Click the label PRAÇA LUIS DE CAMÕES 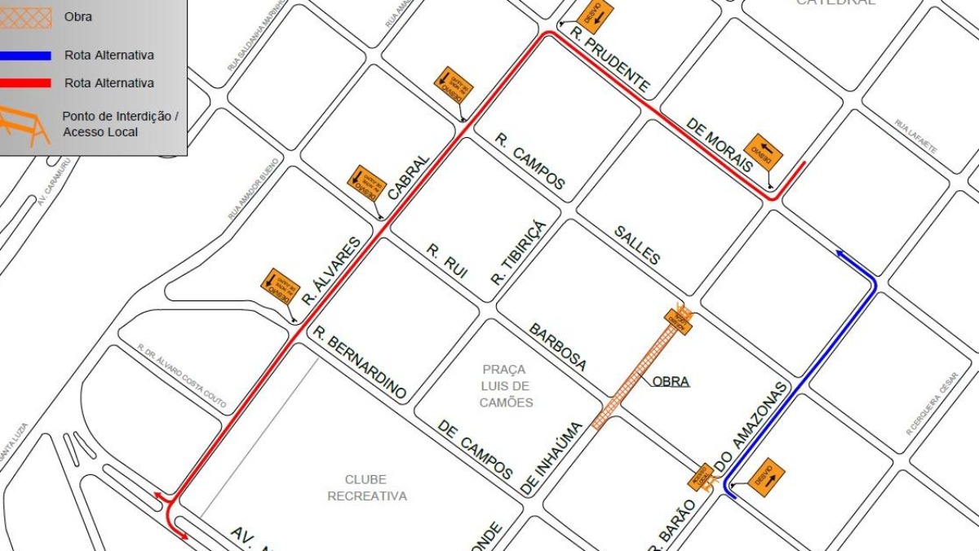[506, 386]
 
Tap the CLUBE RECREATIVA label [367, 488]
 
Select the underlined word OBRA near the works [671, 381]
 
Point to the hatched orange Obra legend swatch [25, 17]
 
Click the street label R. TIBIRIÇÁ [517, 252]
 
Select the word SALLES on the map [636, 244]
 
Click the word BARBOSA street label [558, 347]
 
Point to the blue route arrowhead [839, 255]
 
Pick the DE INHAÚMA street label [552, 459]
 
